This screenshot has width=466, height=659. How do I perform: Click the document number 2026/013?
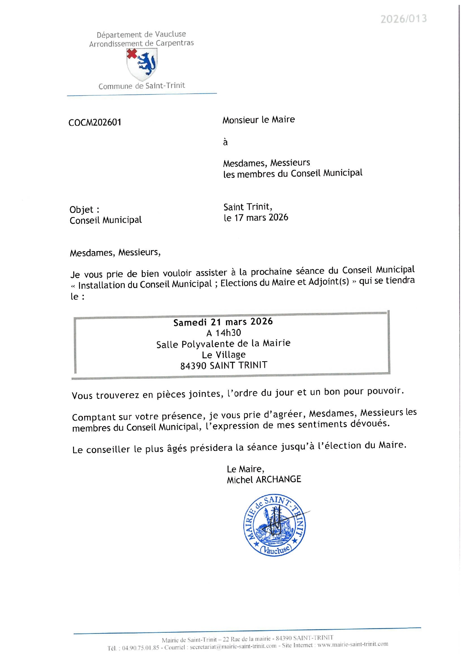click(x=403, y=19)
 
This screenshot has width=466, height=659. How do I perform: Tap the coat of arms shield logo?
click(x=142, y=65)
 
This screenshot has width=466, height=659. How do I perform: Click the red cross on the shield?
click(x=132, y=54)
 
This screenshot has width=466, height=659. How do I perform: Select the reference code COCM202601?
click(x=95, y=122)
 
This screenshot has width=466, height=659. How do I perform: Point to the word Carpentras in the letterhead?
click(x=175, y=43)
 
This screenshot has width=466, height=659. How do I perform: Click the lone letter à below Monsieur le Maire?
click(x=225, y=142)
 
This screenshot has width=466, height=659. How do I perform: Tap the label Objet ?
click(x=84, y=210)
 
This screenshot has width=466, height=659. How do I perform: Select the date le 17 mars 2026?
click(x=256, y=217)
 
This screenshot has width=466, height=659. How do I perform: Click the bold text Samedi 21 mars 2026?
click(x=223, y=322)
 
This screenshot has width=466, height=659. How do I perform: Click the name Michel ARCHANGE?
click(x=264, y=480)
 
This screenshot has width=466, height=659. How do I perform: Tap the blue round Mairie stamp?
click(x=274, y=525)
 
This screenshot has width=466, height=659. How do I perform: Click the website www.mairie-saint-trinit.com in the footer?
click(x=353, y=644)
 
